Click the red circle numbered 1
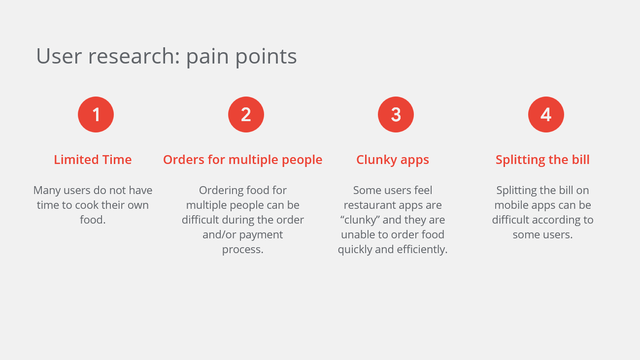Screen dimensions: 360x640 pos(96,114)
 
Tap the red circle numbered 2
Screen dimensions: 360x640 pos(246,114)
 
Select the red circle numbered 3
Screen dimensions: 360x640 pos(396,114)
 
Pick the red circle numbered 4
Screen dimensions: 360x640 pos(546,114)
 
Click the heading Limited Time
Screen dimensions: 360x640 pos(93,160)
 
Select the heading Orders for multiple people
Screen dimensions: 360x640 pos(242,160)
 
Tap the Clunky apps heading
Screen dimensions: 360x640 pos(393,160)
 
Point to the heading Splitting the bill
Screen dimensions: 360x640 pos(542,160)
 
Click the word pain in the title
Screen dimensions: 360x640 pos(207,56)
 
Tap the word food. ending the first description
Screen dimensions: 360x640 pos(93,220)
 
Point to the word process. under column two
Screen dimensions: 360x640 pos(242,249)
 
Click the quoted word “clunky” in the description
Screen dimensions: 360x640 pos(360,220)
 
